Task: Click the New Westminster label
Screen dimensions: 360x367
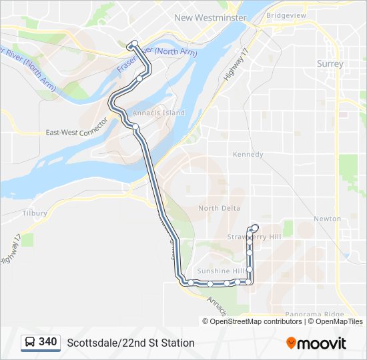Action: (210, 18)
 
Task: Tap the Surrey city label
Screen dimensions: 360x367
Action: (330, 64)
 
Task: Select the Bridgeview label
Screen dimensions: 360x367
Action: (286, 15)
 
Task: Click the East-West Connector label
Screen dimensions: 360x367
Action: (77, 129)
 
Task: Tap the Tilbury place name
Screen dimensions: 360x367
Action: (34, 213)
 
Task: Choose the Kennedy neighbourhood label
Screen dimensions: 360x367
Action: (248, 154)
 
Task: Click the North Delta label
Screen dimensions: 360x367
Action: (219, 208)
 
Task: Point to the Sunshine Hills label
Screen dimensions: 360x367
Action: (222, 271)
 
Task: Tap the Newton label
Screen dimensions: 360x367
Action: (327, 219)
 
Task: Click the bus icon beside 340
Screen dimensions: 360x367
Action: (30, 343)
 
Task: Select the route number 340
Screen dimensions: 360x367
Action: (48, 342)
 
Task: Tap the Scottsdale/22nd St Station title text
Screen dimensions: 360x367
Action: (131, 343)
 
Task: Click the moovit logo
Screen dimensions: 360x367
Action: (316, 343)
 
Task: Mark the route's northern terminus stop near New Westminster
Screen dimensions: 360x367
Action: (134, 44)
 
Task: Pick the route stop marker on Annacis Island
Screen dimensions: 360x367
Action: (135, 126)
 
